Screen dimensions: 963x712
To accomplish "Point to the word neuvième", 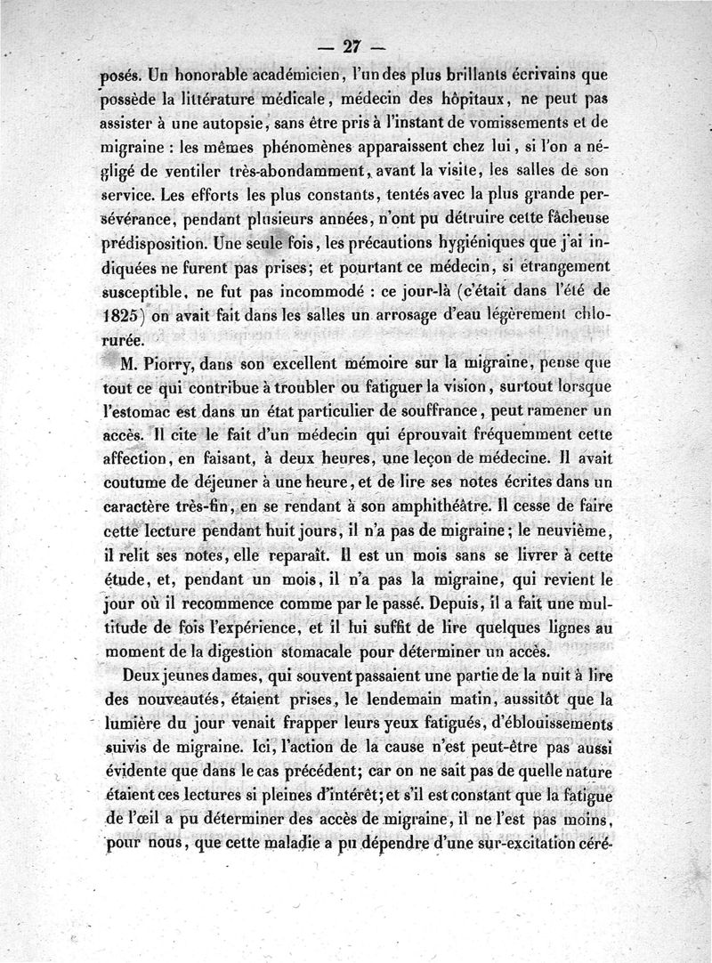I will tap(570, 531).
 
